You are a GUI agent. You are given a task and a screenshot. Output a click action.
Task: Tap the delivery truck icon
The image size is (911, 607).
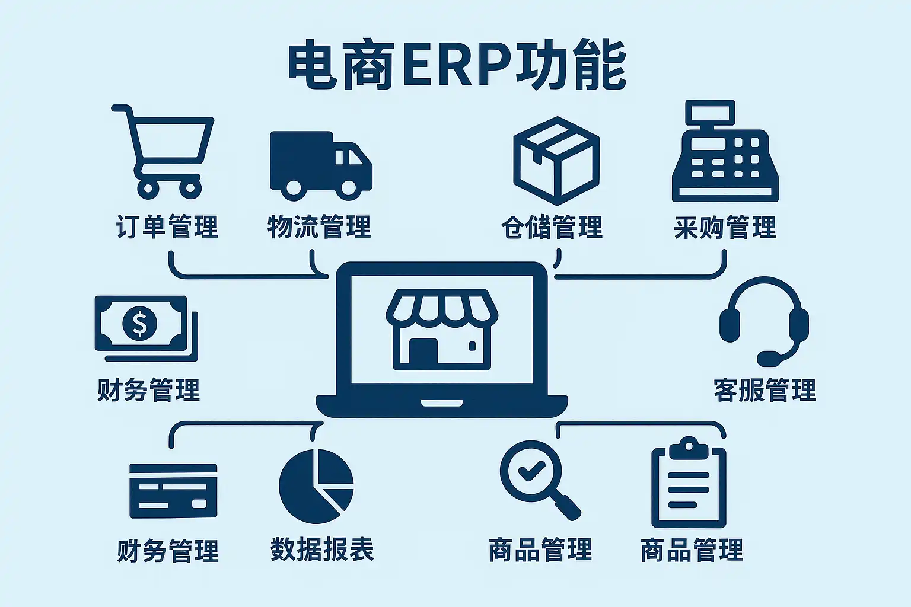click(321, 165)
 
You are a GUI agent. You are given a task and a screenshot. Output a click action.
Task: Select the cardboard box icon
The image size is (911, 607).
click(556, 161)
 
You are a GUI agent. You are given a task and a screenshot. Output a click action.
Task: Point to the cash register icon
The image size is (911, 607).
click(725, 151)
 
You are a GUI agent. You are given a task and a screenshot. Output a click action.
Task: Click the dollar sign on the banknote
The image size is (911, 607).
click(139, 323)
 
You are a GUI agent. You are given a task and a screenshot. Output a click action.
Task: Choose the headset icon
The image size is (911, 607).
click(764, 321)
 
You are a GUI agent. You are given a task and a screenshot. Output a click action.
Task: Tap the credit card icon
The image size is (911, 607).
click(173, 491)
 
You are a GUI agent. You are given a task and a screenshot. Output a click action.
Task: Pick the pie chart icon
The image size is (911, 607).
click(316, 486)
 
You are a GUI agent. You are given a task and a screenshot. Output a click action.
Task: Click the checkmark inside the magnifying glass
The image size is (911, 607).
click(531, 471)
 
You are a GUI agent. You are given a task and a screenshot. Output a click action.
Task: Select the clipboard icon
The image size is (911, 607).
click(689, 482)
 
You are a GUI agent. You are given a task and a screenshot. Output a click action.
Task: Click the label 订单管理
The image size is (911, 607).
click(167, 226)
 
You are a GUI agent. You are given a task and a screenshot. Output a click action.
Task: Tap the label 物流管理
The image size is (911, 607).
click(319, 226)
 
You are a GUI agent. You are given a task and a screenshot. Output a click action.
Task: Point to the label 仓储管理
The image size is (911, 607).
click(552, 226)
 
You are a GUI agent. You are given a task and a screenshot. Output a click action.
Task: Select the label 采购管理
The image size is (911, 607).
click(725, 226)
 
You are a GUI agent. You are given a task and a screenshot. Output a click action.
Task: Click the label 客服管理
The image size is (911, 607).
click(765, 390)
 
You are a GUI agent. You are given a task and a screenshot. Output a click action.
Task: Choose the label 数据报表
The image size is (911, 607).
click(322, 550)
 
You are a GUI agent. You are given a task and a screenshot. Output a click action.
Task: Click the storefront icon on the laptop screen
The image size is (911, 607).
click(442, 330)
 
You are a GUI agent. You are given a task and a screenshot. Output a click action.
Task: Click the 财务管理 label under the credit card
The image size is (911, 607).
click(168, 551)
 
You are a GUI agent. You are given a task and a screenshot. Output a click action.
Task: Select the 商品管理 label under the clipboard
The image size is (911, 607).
click(692, 550)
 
